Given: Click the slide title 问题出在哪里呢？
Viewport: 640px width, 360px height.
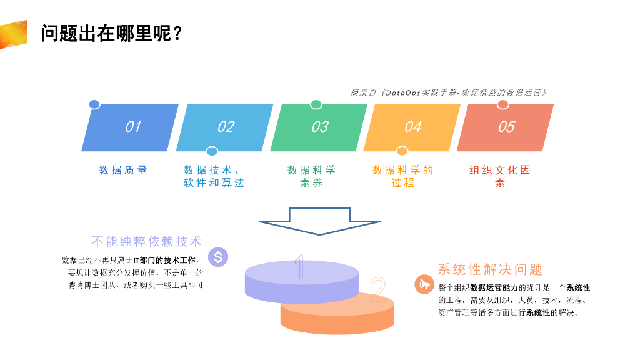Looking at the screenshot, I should click(x=111, y=33).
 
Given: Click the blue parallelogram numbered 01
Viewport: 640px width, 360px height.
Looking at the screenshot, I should click(x=130, y=127).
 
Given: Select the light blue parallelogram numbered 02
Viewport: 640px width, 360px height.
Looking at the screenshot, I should click(x=224, y=127).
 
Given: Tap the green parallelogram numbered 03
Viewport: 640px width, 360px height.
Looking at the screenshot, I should click(x=319, y=127).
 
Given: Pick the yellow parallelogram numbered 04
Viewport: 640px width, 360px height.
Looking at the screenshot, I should click(x=412, y=127).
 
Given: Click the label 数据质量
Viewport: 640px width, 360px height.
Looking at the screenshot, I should click(x=123, y=170).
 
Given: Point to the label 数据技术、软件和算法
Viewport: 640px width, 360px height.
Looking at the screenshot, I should click(x=214, y=176).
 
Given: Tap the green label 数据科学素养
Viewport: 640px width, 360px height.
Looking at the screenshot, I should click(x=311, y=176).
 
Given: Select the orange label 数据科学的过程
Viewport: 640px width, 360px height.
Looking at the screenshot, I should click(x=402, y=176).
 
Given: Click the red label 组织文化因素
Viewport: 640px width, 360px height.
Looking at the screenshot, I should click(x=500, y=176).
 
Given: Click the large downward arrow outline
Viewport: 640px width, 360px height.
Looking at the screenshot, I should click(x=319, y=221).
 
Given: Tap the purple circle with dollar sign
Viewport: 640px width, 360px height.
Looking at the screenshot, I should click(x=217, y=256).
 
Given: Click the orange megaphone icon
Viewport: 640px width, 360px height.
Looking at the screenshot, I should click(x=424, y=285).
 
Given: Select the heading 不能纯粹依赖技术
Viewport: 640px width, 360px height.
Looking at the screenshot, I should click(x=147, y=241).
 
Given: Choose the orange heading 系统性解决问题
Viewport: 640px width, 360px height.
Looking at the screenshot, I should click(x=490, y=269).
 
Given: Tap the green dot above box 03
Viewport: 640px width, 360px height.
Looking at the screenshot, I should click(x=316, y=104).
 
